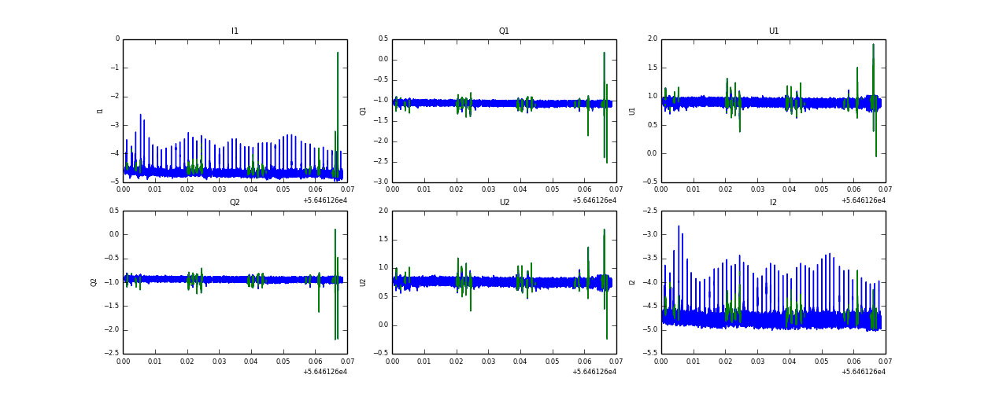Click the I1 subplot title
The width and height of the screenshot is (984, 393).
pyautogui.click(x=235, y=31)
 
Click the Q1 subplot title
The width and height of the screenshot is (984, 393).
pyautogui.click(x=504, y=31)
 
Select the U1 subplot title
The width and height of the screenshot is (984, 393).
pyautogui.click(x=774, y=31)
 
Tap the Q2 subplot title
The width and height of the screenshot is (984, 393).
pyautogui.click(x=235, y=203)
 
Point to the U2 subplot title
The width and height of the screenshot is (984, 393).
pyautogui.click(x=504, y=203)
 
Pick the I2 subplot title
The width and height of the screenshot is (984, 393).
pyautogui.click(x=774, y=203)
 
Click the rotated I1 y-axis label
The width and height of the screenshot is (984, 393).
pyautogui.click(x=100, y=111)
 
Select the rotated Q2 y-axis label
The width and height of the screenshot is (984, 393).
pyautogui.click(x=94, y=282)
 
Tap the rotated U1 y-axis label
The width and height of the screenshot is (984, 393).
pyautogui.click(x=632, y=111)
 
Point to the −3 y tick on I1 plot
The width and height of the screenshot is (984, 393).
pyautogui.click(x=115, y=125)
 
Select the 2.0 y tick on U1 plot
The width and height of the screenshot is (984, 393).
pyautogui.click(x=653, y=39)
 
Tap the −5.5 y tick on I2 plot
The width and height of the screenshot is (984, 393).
pyautogui.click(x=650, y=354)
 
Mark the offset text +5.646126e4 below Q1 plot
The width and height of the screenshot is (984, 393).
pyautogui.click(x=594, y=200)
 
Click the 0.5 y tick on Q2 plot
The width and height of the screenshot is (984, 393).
pyautogui.click(x=113, y=211)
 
